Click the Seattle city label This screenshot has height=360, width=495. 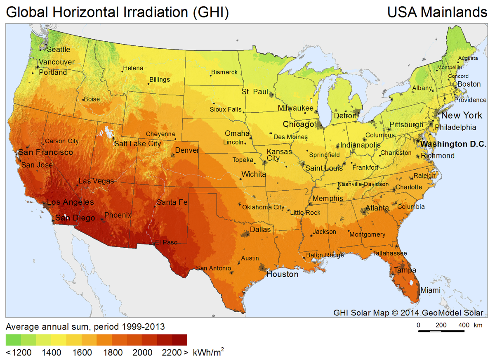pos(58,49)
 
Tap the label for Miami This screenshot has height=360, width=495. pos(430,290)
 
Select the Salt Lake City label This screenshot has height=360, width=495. pos(137,144)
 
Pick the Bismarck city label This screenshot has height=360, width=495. pos(224,72)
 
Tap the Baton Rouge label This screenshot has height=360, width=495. pos(325,255)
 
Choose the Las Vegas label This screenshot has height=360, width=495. pos(96,181)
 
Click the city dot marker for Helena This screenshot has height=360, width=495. pos(122,71)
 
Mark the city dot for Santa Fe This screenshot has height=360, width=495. pos(155,206)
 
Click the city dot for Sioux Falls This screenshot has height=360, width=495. pos(244,111)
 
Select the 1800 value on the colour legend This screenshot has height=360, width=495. pos(113,353)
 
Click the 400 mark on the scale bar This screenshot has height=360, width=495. pos(464,325)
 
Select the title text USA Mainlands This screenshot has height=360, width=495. pos(437,12)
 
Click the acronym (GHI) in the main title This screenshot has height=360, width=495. pos(210,12)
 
